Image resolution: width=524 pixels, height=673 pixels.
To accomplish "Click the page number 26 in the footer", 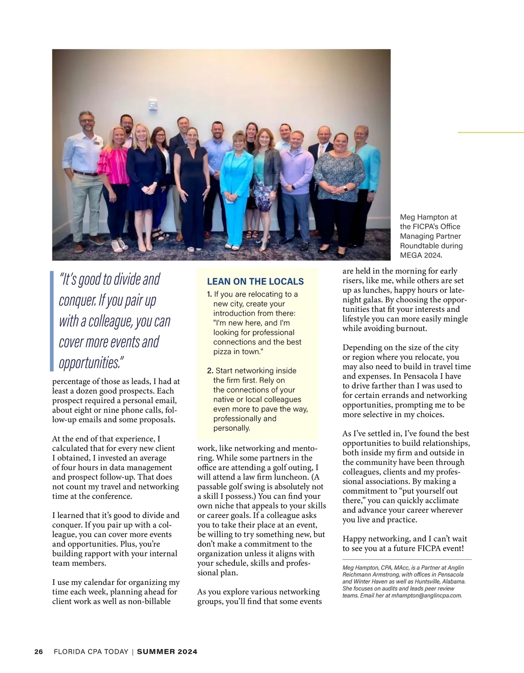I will coord(38,652).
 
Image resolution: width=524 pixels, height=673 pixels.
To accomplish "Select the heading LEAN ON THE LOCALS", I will coord(255,282).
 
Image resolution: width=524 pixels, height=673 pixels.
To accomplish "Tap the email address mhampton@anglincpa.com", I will coord(426,595).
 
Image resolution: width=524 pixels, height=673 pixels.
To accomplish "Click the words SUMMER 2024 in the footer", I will coord(167,652).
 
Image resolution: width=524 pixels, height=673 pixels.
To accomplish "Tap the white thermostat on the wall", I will coord(152,105).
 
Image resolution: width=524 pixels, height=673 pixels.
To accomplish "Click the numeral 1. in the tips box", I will coord(210,294).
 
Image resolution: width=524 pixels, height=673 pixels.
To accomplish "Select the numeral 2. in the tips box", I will coord(210,371).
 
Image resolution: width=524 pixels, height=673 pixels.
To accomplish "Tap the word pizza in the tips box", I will coord(223,352).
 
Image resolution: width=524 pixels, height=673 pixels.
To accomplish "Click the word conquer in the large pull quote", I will coord(76,301).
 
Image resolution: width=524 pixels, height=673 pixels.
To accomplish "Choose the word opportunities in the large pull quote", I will coord(89,363).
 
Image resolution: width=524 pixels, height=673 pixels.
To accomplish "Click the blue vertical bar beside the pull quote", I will coord(52,321).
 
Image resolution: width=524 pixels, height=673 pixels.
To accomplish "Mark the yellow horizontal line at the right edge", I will coord(490,132).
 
